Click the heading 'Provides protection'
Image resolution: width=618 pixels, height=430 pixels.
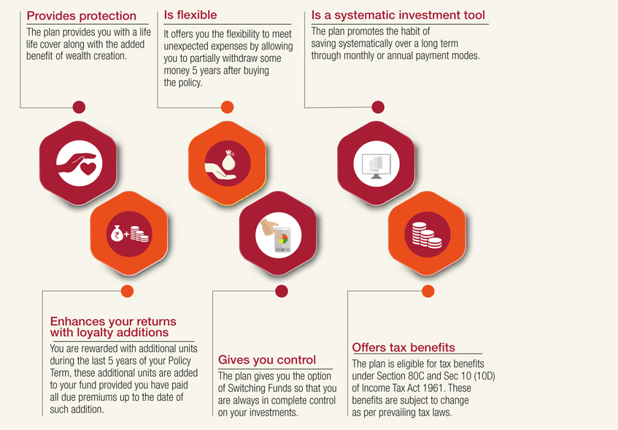[81, 16]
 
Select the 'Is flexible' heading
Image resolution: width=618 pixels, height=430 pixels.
[190, 15]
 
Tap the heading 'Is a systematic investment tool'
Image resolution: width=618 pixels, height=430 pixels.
[398, 15]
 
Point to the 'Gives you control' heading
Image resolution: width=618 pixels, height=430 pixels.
[267, 359]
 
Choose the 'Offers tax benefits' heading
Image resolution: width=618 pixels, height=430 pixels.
[403, 348]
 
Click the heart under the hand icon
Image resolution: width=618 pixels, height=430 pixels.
[88, 168]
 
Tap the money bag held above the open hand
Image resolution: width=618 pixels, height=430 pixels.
[228, 160]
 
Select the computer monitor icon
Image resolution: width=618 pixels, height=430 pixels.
[376, 165]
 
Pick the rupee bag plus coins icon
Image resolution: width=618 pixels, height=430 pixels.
[129, 234]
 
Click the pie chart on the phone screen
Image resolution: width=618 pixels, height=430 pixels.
[282, 238]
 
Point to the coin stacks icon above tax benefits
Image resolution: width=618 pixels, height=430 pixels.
[427, 235]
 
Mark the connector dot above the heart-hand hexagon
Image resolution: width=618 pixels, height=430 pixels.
[80, 107]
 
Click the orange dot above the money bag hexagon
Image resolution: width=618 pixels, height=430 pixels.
[228, 107]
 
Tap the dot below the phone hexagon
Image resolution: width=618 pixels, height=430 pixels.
[282, 292]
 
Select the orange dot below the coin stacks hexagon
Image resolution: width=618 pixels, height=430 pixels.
[428, 292]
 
